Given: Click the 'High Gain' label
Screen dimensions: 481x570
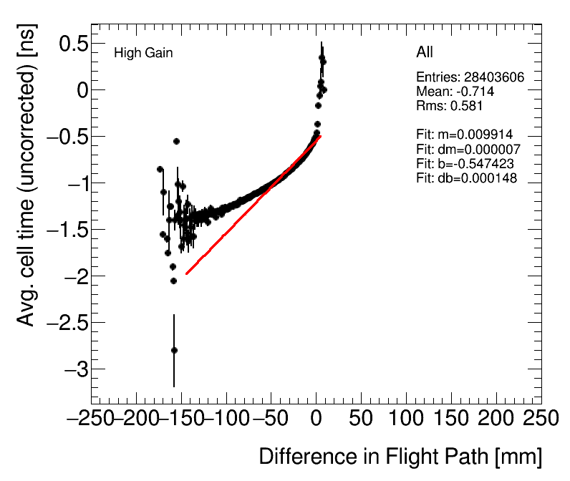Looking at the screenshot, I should (x=143, y=53).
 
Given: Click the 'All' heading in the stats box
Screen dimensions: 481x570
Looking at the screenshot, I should (x=425, y=52).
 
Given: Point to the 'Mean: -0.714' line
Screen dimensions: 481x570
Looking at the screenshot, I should (x=455, y=92).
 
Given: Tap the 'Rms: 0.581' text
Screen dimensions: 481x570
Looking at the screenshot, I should (x=450, y=106).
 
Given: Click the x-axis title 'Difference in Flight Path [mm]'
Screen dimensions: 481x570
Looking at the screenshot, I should (x=400, y=457).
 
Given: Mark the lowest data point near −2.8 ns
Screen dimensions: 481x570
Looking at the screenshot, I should (x=174, y=350).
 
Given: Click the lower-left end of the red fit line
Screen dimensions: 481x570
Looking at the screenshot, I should (x=187, y=273).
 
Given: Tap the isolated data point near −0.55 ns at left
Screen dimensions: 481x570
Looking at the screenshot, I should (x=176, y=141).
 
